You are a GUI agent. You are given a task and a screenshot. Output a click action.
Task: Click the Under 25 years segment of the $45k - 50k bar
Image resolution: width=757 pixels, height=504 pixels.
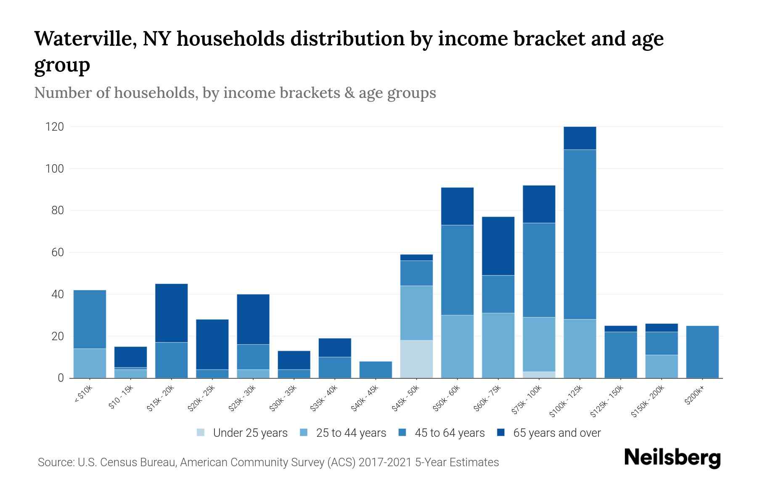click(x=416, y=359)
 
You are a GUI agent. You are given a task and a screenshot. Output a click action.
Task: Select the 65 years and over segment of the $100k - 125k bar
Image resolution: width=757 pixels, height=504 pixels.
click(x=580, y=138)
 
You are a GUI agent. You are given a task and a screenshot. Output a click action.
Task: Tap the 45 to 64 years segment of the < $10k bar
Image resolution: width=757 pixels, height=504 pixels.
click(x=90, y=319)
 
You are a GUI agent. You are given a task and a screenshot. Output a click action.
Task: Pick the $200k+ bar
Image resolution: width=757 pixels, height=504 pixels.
click(x=702, y=352)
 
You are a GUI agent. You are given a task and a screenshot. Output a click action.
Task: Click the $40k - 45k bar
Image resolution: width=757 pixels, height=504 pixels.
click(x=376, y=370)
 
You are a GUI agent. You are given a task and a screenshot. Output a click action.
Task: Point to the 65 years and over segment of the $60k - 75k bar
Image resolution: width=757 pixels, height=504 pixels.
click(x=498, y=246)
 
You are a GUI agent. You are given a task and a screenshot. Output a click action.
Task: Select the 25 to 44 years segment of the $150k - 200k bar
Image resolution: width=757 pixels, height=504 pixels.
click(x=661, y=366)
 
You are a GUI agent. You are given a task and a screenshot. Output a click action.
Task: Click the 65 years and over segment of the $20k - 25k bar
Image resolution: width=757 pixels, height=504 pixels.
click(x=212, y=344)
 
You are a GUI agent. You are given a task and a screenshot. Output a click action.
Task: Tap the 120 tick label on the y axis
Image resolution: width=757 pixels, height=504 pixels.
click(x=55, y=127)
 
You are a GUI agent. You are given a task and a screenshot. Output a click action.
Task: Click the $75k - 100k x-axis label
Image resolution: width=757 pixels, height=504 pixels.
click(x=527, y=400)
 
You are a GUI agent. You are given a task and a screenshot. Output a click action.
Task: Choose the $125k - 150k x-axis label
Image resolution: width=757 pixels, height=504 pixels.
click(x=607, y=402)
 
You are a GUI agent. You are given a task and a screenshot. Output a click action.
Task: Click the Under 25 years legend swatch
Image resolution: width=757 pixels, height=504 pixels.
click(x=201, y=433)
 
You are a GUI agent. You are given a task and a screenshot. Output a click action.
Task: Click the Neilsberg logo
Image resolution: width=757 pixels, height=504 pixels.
click(x=672, y=457)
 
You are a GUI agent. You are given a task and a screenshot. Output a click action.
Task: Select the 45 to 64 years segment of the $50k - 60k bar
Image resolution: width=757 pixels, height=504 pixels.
click(x=457, y=270)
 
